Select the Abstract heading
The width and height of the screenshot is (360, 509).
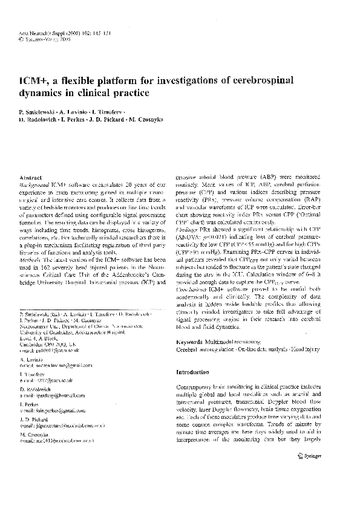coord(33,172)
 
